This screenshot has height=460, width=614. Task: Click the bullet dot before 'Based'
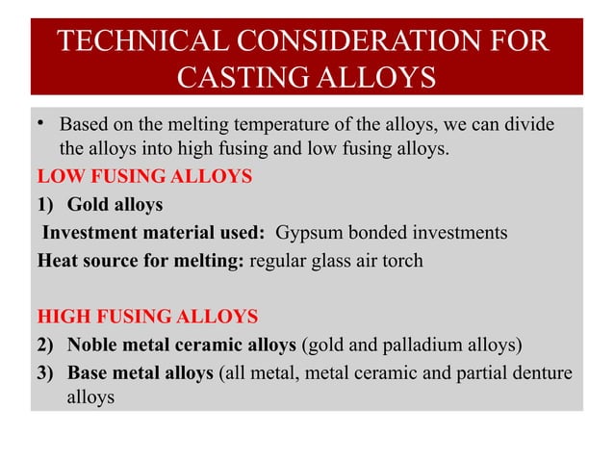click(x=39, y=125)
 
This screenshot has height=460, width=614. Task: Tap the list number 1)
click(x=47, y=205)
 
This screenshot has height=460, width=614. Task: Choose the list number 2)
click(x=47, y=344)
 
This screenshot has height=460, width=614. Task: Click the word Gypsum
click(x=307, y=232)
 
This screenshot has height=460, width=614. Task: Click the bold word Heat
click(x=58, y=260)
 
